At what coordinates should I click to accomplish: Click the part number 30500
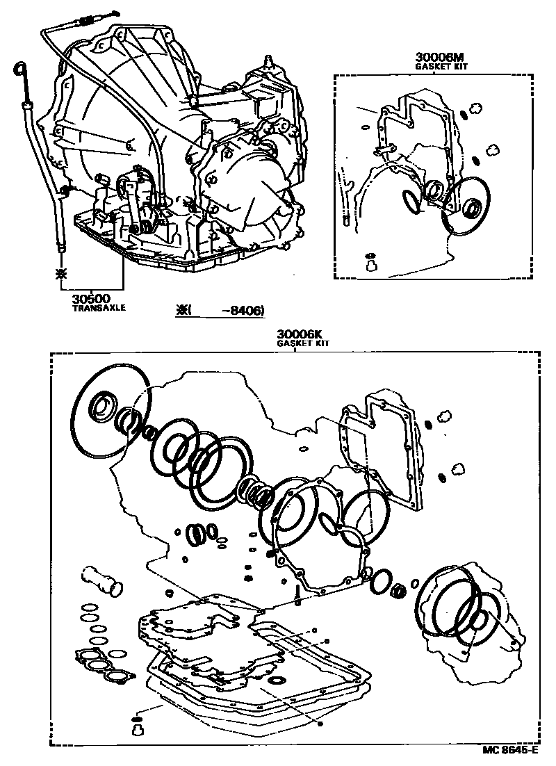click(x=90, y=298)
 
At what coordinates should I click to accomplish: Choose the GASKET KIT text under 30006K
click(x=303, y=343)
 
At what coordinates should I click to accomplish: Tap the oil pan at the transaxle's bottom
click(x=160, y=250)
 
